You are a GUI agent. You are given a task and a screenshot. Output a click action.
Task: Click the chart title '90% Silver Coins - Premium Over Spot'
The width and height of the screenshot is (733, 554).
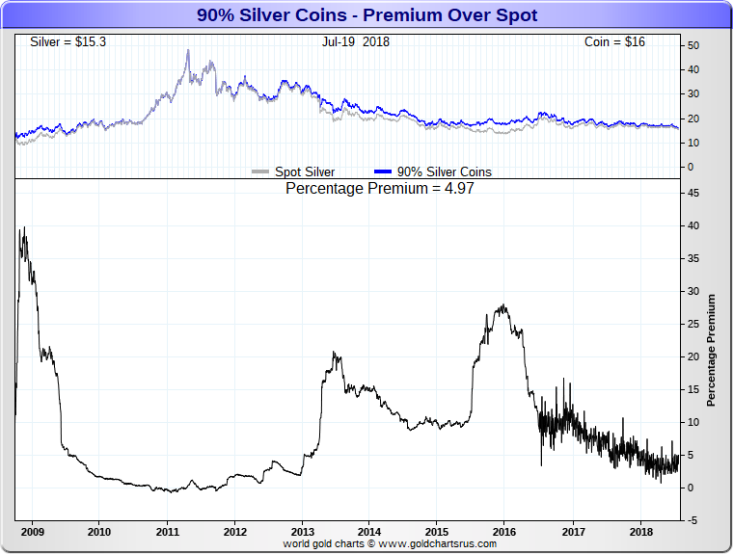(366, 15)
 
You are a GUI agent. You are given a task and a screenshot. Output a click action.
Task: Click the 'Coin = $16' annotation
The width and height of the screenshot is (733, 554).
(614, 42)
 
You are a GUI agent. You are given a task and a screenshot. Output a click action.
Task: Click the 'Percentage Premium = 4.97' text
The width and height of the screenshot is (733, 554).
(380, 189)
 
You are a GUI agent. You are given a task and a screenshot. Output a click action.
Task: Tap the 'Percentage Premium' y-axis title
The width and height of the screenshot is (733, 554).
(712, 351)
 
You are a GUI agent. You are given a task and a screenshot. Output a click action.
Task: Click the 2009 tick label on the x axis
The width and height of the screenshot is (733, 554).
(32, 531)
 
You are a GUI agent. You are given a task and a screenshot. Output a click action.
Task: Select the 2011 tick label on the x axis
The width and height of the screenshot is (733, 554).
(168, 531)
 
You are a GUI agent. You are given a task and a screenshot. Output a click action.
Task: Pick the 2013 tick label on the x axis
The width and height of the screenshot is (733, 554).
(302, 531)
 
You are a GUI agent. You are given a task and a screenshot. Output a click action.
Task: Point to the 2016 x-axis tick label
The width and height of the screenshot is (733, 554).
(504, 531)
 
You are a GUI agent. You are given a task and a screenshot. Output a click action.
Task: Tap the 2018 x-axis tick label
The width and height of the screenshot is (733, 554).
(639, 531)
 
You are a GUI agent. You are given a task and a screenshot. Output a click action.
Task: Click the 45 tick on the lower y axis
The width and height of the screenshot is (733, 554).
(693, 193)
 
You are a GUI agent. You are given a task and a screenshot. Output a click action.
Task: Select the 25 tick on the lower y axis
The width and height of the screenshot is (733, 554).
(693, 324)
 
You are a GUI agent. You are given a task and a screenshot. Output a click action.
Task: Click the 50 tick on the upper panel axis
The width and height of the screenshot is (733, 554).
(693, 45)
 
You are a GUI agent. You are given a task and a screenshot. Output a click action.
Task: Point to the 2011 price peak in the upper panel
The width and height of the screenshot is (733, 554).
(188, 50)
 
